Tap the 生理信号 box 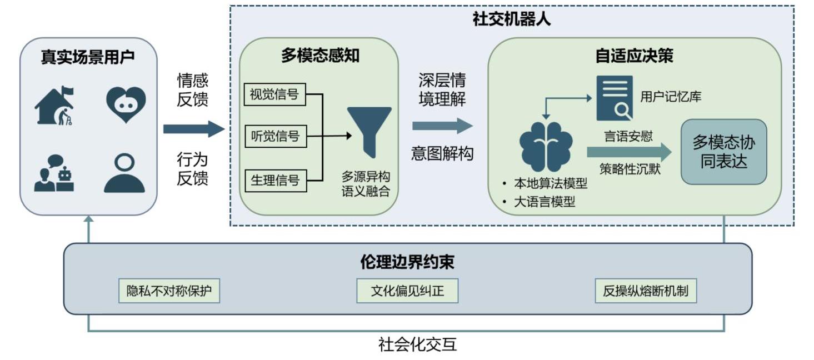click(x=275, y=180)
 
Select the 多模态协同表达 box click(x=723, y=152)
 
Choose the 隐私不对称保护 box click(x=169, y=291)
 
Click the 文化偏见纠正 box click(x=407, y=291)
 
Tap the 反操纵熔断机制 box click(x=645, y=291)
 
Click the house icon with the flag click(x=54, y=105)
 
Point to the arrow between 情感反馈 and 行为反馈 click(x=193, y=130)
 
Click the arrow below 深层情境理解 click(x=442, y=126)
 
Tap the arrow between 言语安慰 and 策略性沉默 click(x=628, y=152)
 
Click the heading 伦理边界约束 click(x=407, y=262)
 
